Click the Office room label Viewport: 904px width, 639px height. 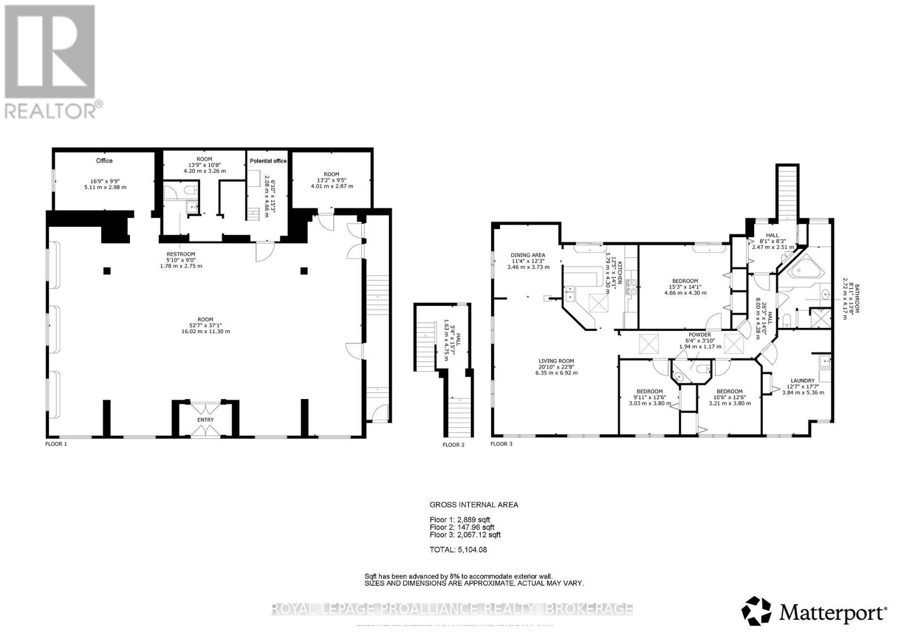[104, 161]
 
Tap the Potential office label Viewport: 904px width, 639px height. [268, 161]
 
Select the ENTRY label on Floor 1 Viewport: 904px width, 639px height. [206, 420]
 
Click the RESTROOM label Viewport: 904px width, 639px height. [181, 254]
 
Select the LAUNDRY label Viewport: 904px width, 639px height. [802, 380]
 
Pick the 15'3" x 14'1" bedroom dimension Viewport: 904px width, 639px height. [685, 287]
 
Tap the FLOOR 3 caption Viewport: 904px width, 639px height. [501, 444]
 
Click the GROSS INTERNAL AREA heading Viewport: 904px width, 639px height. [473, 505]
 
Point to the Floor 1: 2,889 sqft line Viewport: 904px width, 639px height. [460, 519]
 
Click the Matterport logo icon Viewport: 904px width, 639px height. [758, 611]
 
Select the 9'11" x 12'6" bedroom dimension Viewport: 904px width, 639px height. [649, 397]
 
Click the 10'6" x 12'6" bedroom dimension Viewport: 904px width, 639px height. [729, 397]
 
